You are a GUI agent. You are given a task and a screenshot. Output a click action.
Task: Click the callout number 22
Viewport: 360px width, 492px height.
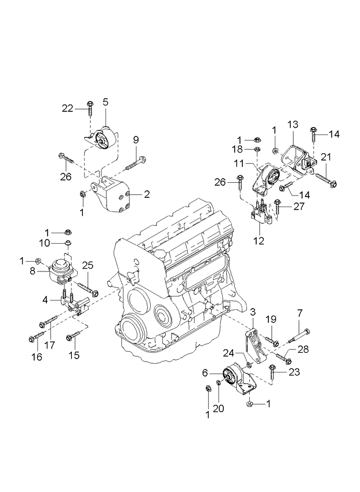(68, 107)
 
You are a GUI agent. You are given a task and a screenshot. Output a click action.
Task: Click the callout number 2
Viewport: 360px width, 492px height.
(147, 194)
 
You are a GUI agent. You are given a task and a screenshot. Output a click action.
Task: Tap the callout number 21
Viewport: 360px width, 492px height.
(326, 157)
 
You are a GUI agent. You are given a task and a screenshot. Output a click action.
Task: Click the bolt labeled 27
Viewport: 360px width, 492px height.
(278, 204)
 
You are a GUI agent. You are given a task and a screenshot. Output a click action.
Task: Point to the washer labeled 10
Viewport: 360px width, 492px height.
(68, 242)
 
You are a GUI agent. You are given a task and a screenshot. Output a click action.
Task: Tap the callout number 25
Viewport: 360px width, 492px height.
(88, 265)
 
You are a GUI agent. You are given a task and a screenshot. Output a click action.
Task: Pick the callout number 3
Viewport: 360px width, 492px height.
(253, 313)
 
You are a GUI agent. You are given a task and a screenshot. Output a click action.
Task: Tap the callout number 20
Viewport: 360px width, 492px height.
(219, 408)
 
